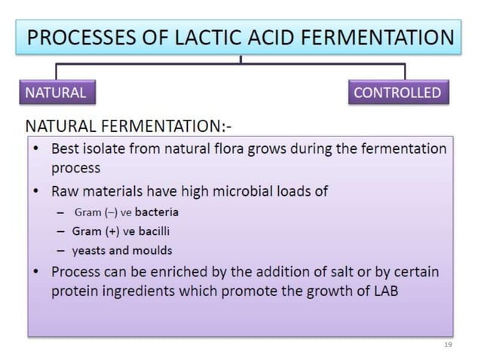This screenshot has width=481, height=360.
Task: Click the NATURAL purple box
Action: point(56,93)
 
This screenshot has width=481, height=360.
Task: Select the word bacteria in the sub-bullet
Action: point(156,212)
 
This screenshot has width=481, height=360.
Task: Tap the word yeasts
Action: point(88,250)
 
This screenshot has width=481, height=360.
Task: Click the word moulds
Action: point(153,250)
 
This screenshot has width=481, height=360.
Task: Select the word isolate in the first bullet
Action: point(106,148)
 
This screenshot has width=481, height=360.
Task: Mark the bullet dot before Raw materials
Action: point(36,191)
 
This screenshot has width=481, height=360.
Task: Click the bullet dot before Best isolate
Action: point(36,149)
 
